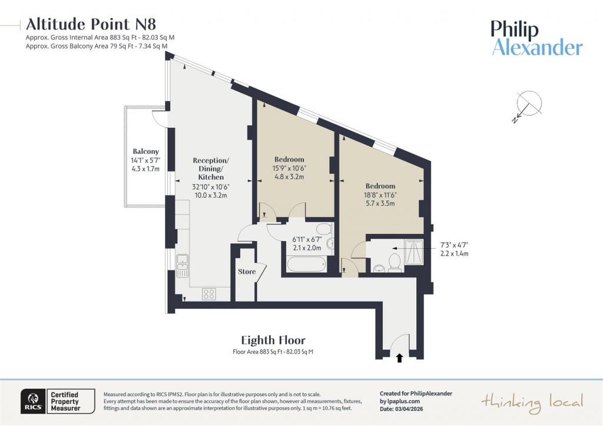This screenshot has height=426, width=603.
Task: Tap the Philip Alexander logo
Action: coord(537,38)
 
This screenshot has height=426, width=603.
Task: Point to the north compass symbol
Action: coord(527,106)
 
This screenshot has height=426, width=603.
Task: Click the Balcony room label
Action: coord(146,151)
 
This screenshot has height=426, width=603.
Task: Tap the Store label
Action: coord(247,272)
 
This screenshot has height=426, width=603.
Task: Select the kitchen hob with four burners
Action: coord(209,293)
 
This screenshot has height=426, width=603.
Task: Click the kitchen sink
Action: coord(183,265)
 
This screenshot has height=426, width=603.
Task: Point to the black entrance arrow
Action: coord(399,357)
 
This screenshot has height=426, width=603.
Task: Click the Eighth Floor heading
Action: coord(273,340)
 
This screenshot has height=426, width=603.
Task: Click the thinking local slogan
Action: coord(532,402)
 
